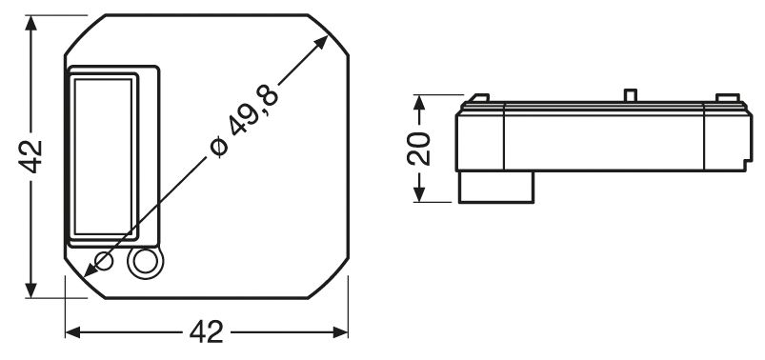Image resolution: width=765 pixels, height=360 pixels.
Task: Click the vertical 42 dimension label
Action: (30, 156)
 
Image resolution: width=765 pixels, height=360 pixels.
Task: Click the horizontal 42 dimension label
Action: (207, 332)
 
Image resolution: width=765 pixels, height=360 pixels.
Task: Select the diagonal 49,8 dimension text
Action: (254, 112)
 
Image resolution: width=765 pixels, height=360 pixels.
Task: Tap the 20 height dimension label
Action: (419, 149)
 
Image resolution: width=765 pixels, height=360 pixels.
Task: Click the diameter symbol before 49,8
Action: (219, 147)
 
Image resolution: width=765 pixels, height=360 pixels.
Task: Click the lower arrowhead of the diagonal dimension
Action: (91, 270)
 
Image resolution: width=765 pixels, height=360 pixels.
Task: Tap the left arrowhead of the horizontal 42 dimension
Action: (72, 332)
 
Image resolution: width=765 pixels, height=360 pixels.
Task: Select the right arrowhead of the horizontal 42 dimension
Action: (340, 332)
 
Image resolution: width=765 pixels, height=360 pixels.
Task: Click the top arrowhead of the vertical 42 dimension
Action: (30, 23)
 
